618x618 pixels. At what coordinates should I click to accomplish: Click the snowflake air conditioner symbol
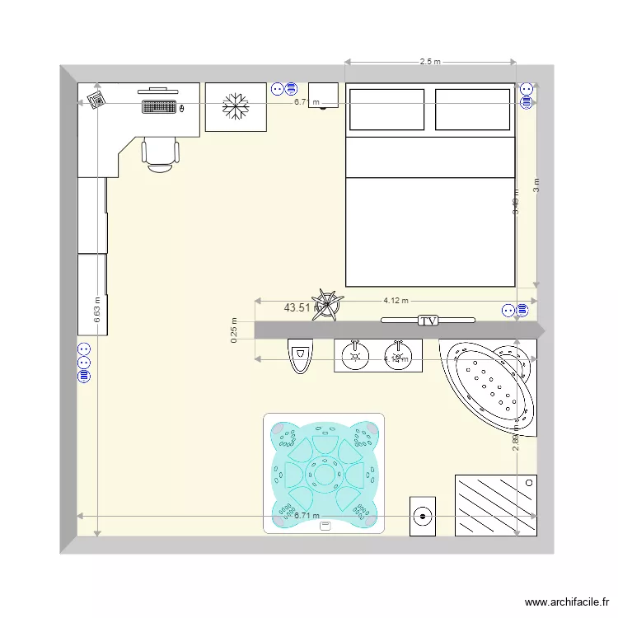pos(236,106)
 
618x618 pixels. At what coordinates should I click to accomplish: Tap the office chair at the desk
pos(160,154)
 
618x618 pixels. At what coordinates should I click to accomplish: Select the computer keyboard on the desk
pos(159,107)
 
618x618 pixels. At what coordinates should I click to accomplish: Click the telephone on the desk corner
pos(96,100)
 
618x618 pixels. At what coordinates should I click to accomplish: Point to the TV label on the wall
pos(428,321)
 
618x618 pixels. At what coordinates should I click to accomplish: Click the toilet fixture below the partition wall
pos(301,356)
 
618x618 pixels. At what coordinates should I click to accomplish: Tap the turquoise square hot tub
pos(324,473)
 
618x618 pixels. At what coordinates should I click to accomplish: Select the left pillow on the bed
pos(387,110)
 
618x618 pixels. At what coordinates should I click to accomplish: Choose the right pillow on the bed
pos(472,110)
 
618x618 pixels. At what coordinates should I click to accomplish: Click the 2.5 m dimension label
pos(430,62)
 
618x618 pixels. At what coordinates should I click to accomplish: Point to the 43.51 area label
pos(297,307)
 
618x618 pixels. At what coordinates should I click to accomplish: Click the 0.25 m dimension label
pos(234,330)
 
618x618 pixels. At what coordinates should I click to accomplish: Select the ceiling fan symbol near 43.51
pos(328,304)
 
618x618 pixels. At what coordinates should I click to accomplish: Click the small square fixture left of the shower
pos(423,515)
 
